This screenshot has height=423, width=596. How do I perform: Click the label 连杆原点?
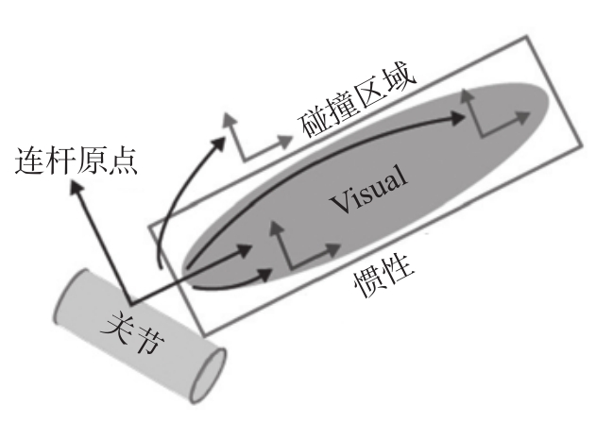coord(77,161)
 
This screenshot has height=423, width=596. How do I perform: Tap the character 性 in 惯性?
coord(403,275)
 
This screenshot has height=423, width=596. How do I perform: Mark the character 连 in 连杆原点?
coord(30,161)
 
